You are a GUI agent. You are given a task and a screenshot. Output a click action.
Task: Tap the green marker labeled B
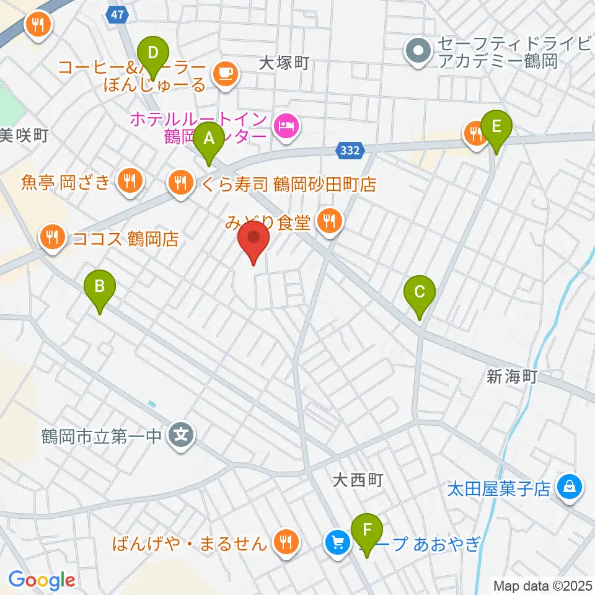pyautogui.click(x=99, y=288)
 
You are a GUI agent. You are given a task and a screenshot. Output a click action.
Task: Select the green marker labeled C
pyautogui.click(x=419, y=293)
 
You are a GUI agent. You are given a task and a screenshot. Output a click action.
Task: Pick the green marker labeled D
pyautogui.click(x=151, y=53)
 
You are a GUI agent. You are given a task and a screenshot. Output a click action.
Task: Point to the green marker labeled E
pyautogui.click(x=496, y=126)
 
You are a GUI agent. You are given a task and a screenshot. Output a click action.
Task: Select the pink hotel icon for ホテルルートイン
pyautogui.click(x=285, y=126)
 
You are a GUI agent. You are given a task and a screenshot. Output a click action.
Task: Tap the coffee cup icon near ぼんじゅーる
pyautogui.click(x=224, y=73)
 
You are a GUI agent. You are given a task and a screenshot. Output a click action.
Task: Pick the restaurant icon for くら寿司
pyautogui.click(x=180, y=182)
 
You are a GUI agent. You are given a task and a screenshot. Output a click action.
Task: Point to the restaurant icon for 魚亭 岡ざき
pyautogui.click(x=130, y=181)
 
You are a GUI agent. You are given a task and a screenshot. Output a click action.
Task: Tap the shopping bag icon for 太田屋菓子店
pyautogui.click(x=569, y=485)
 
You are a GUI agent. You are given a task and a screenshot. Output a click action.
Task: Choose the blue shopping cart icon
pyautogui.click(x=337, y=543)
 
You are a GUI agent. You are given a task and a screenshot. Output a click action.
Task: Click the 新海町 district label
pyautogui.click(x=511, y=376)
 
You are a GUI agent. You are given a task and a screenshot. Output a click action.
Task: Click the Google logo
pyautogui.click(x=42, y=580)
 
